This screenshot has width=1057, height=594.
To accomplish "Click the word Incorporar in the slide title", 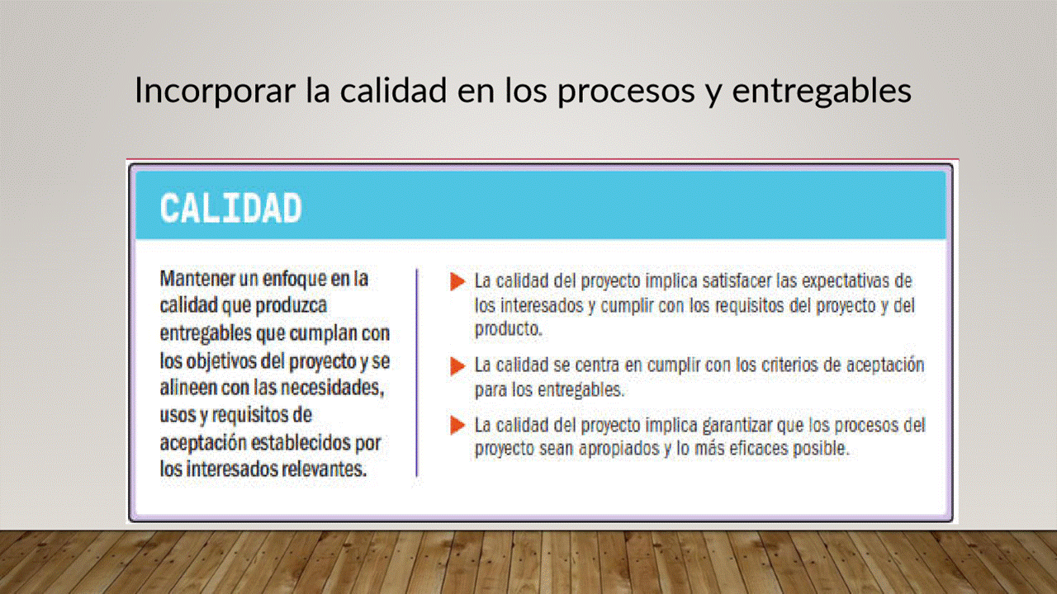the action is (215, 90).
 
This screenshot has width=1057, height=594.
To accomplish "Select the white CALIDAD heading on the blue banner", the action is (230, 208).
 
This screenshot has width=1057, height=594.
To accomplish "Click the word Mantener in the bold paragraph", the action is (197, 278).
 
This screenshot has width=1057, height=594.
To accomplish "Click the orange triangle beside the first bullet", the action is (457, 281).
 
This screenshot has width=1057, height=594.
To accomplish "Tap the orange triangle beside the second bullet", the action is (457, 366).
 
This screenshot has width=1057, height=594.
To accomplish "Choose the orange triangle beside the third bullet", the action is (457, 425).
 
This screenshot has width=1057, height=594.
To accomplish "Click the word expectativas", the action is (845, 281).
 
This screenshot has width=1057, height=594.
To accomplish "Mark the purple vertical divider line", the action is (417, 372).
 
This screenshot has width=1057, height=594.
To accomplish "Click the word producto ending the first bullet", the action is (509, 329).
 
